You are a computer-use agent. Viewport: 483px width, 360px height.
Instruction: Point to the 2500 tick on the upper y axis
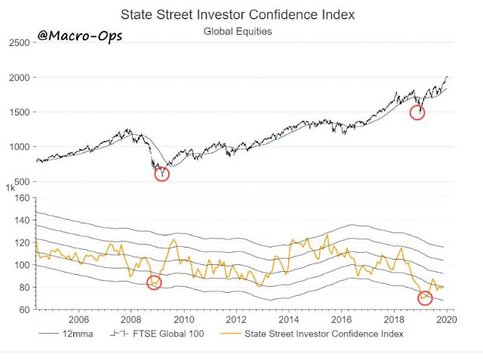[x=18, y=43]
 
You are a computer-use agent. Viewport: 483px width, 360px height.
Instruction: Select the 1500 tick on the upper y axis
[x=18, y=112]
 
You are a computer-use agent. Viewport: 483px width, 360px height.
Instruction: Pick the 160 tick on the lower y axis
[x=20, y=198]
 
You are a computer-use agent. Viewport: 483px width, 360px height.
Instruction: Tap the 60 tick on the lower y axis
[x=23, y=309]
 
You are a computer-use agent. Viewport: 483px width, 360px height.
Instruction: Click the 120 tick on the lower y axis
[x=20, y=243]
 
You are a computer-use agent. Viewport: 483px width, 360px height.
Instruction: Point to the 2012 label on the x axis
[x=236, y=319]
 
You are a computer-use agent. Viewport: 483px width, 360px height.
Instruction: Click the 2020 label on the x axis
[x=444, y=319]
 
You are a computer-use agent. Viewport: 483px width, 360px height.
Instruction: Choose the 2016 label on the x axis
[x=340, y=319]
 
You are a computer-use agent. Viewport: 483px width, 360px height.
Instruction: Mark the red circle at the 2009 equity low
[x=162, y=174]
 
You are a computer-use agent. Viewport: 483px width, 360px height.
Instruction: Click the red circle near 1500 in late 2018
[x=417, y=112]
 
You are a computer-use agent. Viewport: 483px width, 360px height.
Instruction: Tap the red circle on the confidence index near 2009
[x=154, y=282]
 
